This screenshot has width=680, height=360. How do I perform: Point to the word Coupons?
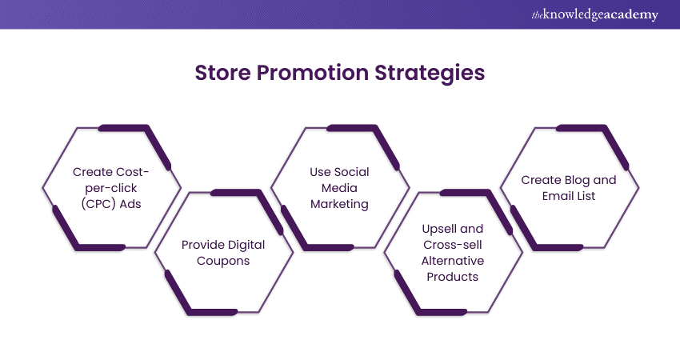[222, 260]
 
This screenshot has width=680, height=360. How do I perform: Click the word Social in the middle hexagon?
[352, 171]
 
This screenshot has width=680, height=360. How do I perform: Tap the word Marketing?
[339, 203]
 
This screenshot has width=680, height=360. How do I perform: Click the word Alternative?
[453, 260]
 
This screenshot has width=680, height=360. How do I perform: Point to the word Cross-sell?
[453, 244]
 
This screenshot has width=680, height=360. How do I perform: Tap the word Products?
[453, 276]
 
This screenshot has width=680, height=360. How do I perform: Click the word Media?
[339, 187]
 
